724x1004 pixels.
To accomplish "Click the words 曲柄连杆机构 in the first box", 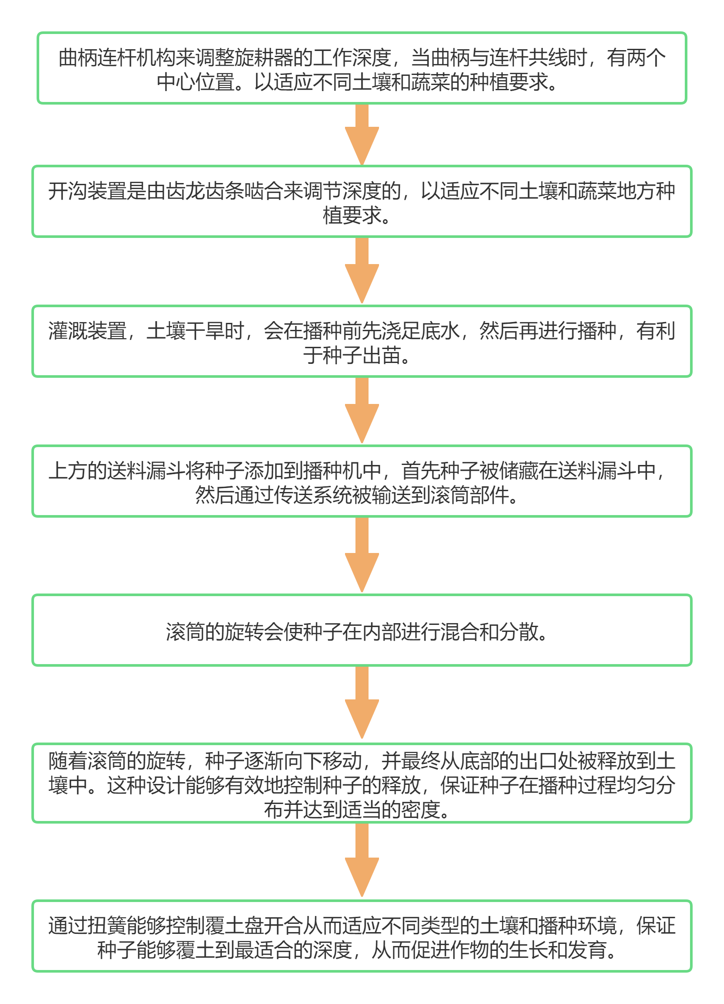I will (117, 58).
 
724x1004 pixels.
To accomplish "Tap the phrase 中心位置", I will (196, 82).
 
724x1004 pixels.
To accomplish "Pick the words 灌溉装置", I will (87, 331).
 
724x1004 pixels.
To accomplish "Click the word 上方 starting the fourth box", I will (68, 471).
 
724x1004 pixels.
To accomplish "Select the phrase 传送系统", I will (313, 495).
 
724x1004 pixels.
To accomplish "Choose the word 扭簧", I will (107, 926).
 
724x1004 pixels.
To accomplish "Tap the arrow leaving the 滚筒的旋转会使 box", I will (362, 704).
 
